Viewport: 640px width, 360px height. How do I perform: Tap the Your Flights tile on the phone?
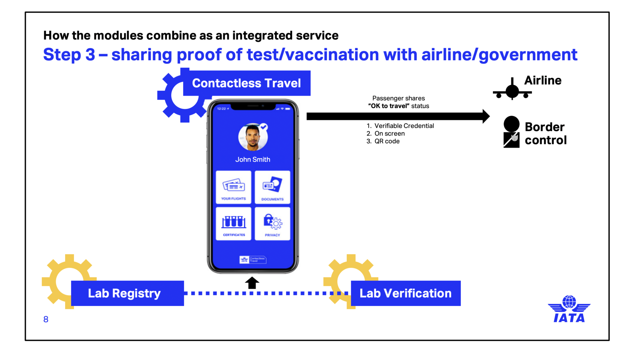click(x=233, y=187)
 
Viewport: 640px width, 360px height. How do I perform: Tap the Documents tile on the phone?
click(x=272, y=187)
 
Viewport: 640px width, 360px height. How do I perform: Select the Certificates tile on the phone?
click(x=233, y=224)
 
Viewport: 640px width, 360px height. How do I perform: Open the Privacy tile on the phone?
click(x=272, y=224)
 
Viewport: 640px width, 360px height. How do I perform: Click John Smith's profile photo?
click(x=252, y=137)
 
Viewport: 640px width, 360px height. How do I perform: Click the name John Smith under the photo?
click(x=252, y=160)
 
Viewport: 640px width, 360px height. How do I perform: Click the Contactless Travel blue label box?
click(x=247, y=83)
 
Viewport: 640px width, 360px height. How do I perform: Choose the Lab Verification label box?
click(x=406, y=293)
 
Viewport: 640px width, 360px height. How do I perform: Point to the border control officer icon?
click(x=511, y=132)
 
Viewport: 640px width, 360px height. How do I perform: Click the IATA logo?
click(x=569, y=309)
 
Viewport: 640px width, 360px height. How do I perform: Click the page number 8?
click(x=46, y=319)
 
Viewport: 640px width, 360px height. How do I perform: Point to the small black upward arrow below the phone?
click(x=252, y=283)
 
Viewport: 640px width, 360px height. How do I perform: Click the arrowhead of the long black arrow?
click(x=486, y=116)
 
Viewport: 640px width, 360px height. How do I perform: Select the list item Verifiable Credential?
click(x=404, y=126)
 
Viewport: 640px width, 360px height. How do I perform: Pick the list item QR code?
click(x=387, y=141)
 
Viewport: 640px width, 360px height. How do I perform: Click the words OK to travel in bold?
click(x=389, y=106)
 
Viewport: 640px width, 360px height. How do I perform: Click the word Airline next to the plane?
click(x=543, y=81)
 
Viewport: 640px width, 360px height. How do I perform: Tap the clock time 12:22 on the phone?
click(x=221, y=109)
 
